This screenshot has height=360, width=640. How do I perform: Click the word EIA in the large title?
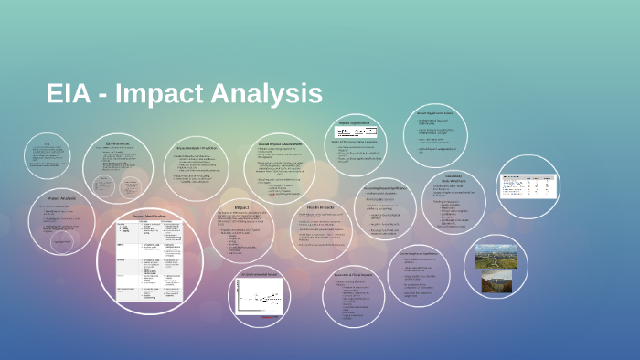(71, 93)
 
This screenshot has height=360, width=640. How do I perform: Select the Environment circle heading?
(117, 143)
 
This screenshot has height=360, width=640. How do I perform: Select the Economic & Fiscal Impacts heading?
(357, 249)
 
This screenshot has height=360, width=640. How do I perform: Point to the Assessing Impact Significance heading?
(385, 186)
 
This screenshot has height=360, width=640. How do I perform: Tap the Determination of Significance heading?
(419, 253)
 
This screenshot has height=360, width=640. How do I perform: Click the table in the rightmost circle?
(526, 185)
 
